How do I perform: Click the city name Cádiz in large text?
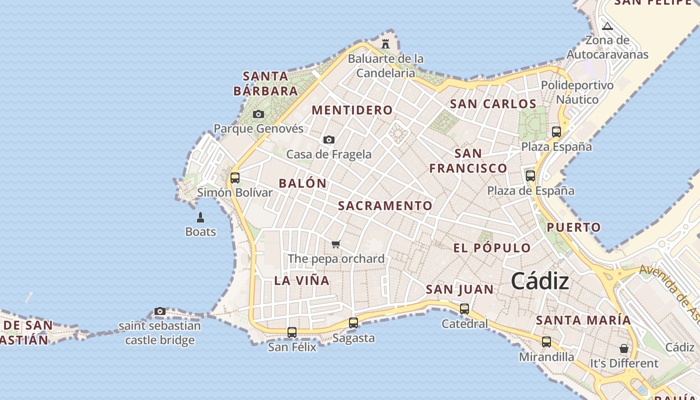click(540, 281)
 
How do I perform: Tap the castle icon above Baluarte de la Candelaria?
click(385, 44)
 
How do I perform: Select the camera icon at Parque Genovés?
click(258, 114)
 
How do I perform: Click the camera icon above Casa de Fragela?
click(328, 140)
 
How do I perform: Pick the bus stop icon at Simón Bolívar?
click(234, 177)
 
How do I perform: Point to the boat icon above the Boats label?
click(200, 217)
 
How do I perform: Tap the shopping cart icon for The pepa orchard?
click(336, 244)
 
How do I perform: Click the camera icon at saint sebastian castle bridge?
click(160, 311)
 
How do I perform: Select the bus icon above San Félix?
click(292, 332)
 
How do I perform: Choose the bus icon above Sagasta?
click(353, 323)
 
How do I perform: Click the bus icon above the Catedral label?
click(464, 309)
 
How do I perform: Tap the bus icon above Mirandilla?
click(546, 342)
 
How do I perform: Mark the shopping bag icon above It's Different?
click(624, 348)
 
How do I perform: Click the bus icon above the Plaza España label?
click(556, 132)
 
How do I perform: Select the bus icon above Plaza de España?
click(530, 176)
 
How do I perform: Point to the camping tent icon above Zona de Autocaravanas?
click(607, 26)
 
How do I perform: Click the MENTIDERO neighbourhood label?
click(352, 110)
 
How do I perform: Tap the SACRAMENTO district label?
click(385, 206)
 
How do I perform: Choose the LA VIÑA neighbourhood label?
click(302, 280)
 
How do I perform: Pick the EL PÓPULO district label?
click(492, 248)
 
